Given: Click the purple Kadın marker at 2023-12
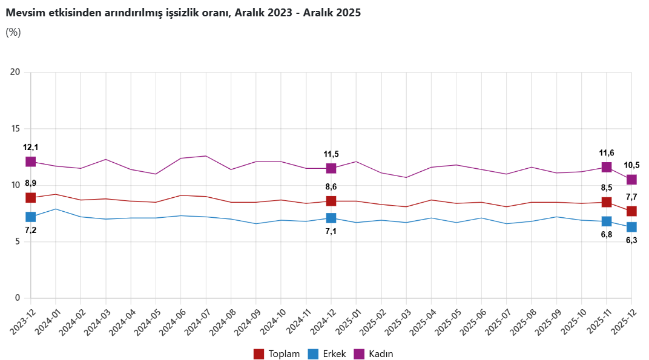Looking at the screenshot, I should pos(31,162).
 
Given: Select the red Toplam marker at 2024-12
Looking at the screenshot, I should pos(331,201).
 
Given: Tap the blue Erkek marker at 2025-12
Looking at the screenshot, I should pos(631,227).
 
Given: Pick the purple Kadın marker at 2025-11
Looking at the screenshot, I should pos(607,167).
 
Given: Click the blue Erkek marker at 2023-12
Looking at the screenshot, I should pos(31,217).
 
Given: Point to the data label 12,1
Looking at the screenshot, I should pos(31,147).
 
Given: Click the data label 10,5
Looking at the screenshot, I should pos(631,165).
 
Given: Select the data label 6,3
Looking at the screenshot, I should pos(631,240).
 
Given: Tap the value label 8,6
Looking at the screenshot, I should pos(331,187).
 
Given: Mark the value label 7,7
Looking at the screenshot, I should pos(631,197).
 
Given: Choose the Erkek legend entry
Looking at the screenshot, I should pos(327,354).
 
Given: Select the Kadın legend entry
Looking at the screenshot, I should pos(374,354).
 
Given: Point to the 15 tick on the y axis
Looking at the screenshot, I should pos(16,129).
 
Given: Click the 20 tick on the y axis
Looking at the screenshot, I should pos(16,72).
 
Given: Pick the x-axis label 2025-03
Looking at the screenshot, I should pos(396,320).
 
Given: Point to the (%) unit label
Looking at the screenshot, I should pos(13,32).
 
